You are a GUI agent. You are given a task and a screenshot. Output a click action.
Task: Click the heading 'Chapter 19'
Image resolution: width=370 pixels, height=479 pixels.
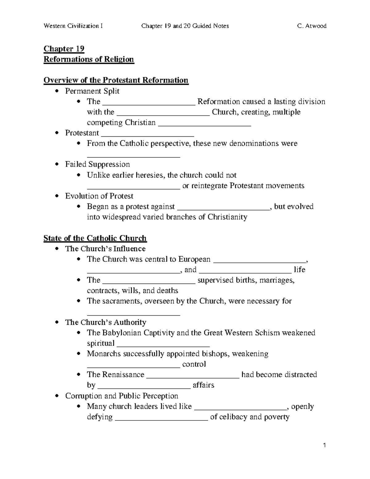pos(64,49)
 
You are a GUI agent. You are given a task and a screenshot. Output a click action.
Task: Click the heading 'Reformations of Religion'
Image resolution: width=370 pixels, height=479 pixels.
pos(89,59)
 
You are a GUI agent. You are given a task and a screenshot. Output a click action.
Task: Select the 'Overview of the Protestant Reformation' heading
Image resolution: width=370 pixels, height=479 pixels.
pos(116,80)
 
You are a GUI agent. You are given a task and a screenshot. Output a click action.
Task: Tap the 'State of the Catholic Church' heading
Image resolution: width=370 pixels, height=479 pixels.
pos(95,238)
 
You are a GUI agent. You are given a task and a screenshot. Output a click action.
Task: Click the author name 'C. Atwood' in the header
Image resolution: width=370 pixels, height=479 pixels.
pos(312,26)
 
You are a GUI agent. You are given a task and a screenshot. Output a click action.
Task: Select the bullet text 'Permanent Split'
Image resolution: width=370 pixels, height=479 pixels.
pos(92,91)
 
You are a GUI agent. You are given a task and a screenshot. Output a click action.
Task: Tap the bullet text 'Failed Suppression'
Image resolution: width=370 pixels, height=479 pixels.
pos(97,164)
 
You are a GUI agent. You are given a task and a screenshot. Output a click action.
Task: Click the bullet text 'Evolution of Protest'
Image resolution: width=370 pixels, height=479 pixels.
pos(99,196)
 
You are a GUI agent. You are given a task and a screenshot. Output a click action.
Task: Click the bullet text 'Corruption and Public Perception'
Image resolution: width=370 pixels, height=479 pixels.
pos(121,396)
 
